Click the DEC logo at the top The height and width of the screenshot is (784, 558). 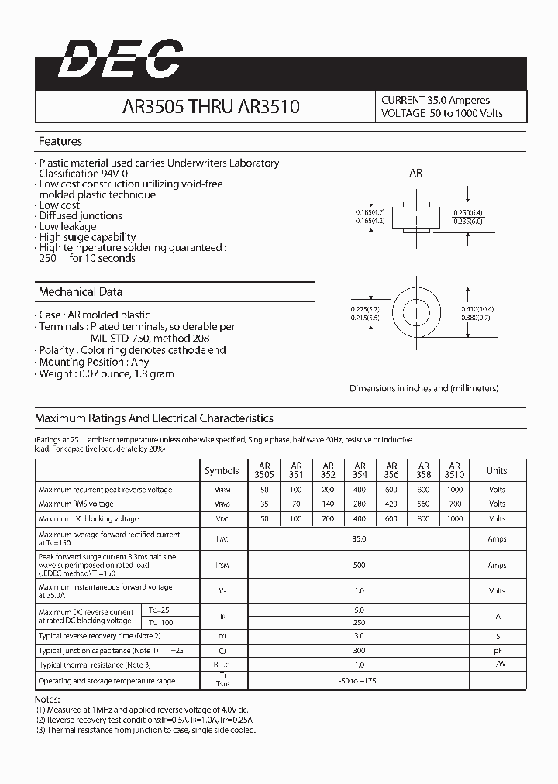coord(120,60)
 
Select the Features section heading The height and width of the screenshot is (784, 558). coord(60,142)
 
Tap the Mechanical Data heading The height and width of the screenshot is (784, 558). coord(81,292)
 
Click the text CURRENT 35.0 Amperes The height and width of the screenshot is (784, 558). coord(436,100)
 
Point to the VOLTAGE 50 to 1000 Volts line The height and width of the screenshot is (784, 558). coord(442,113)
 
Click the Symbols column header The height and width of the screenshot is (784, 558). coord(222,471)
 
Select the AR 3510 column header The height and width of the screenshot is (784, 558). coord(454,470)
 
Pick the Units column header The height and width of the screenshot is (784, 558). coord(497,471)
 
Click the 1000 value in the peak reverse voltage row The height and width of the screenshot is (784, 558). coord(454,490)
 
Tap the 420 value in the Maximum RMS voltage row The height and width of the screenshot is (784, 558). coord(391,504)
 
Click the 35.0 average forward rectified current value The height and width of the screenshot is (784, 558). coord(359,538)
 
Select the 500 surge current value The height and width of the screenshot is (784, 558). coord(359,566)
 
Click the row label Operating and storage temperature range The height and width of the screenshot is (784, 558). coord(107,681)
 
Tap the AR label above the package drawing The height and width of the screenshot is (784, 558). coord(415,174)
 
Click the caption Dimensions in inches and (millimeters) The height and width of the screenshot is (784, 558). coord(424,388)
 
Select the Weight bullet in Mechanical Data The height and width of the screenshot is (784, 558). coord(107,373)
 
